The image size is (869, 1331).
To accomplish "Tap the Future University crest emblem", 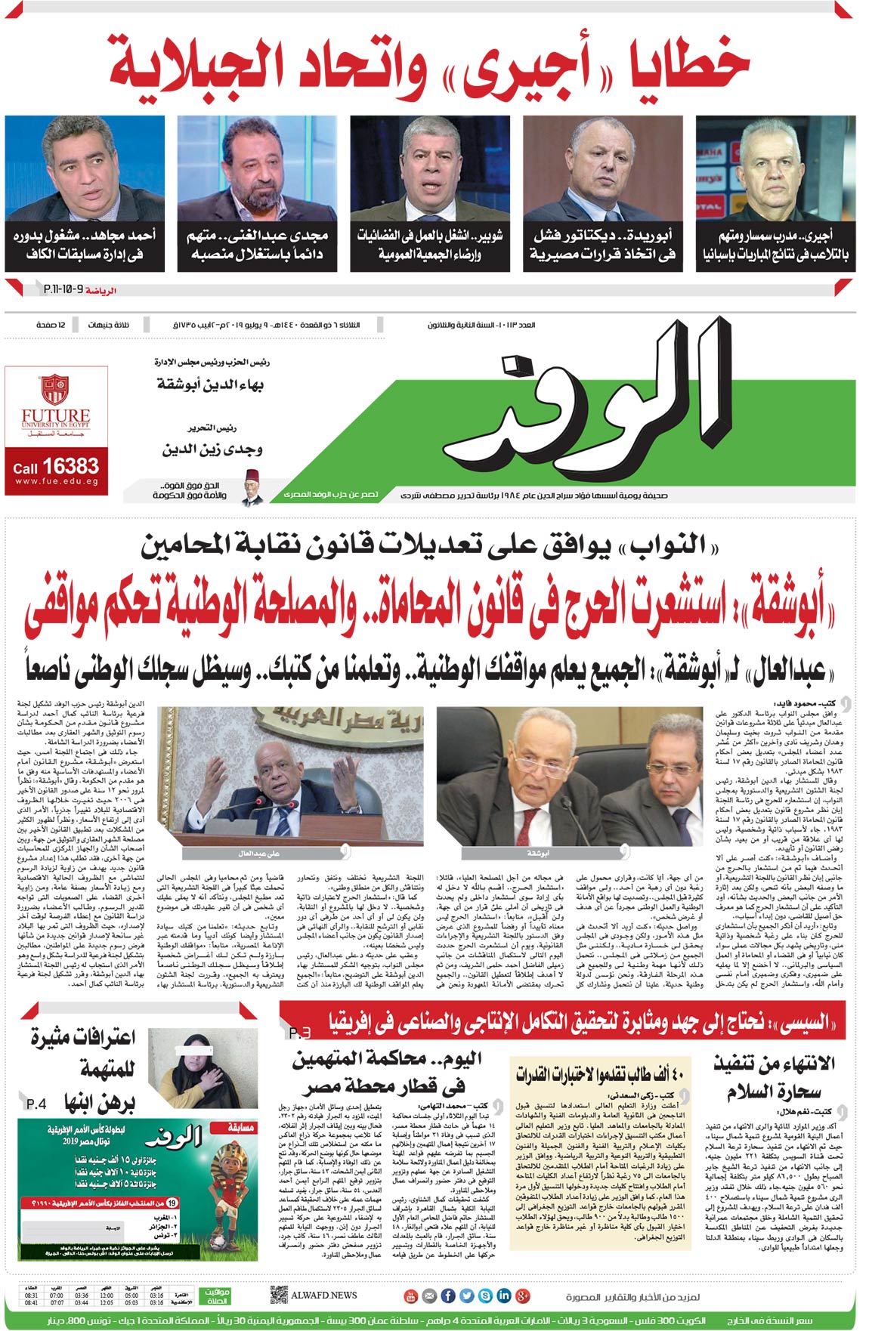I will pos(55,389).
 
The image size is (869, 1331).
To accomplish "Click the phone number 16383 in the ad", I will pos(70,465).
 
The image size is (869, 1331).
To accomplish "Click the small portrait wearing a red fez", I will pos(252,487).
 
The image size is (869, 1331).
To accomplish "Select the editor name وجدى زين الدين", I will pos(212,449).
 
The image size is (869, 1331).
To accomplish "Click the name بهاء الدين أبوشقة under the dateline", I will pos(210,384).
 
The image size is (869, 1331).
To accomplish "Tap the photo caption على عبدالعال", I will pos(259,853).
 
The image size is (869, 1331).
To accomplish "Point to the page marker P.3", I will pos(299,1033).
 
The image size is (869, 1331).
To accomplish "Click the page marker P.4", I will pos(36,1104).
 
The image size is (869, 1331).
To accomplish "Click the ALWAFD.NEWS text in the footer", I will pos(324,1295).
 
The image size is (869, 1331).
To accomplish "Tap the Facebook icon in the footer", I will pos(447,1296).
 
